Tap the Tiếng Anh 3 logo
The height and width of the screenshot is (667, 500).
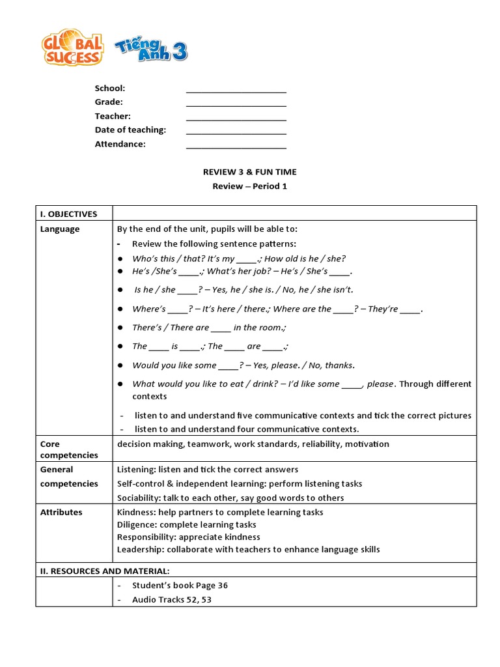click(151, 50)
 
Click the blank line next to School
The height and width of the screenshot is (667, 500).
click(236, 89)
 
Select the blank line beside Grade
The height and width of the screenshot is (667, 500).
click(236, 103)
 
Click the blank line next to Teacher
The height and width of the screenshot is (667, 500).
click(236, 117)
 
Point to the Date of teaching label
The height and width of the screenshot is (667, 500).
click(130, 130)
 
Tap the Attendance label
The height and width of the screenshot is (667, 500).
click(120, 144)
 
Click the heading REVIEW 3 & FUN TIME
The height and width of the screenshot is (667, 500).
click(249, 172)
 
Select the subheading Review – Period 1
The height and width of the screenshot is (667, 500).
click(249, 186)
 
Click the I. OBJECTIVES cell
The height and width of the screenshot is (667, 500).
click(69, 214)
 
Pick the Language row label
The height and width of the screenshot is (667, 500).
click(60, 229)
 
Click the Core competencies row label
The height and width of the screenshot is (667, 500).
click(69, 449)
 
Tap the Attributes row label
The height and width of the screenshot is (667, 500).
click(61, 512)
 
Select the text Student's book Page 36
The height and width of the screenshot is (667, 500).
click(180, 585)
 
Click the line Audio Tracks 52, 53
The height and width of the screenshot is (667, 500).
click(172, 599)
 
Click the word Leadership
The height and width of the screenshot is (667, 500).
click(139, 549)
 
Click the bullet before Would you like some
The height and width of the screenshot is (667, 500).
click(120, 365)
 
